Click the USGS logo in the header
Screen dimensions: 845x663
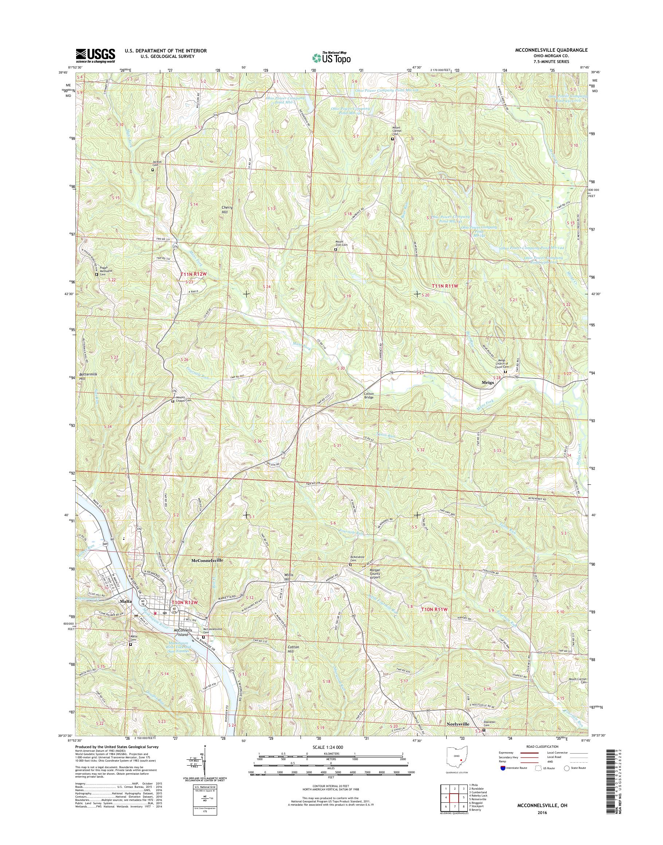[95, 55]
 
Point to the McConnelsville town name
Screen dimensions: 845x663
[207, 561]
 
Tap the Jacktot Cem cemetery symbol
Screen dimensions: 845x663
[153, 170]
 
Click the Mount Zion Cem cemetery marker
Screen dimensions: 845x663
[336, 249]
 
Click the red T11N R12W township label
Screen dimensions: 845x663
[193, 274]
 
